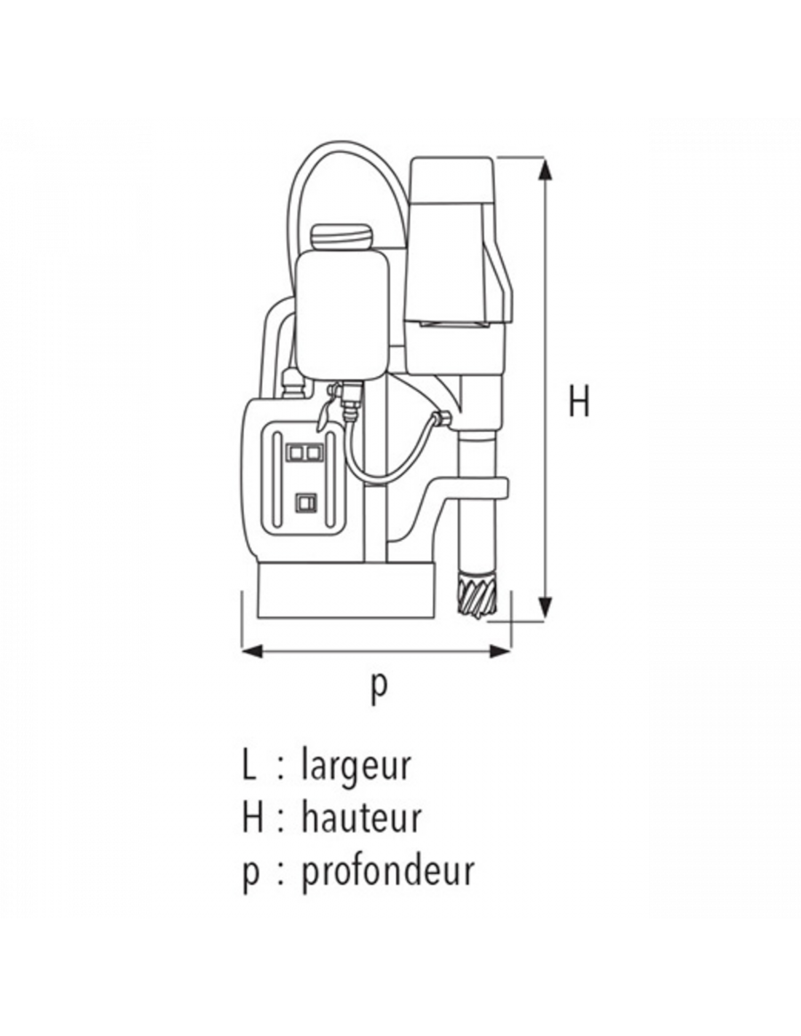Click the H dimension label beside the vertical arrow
pos(579,401)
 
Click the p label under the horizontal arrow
pos(379,688)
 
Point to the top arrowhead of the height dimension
pos(545,170)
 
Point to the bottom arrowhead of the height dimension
pos(545,608)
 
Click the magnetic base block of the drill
pos(347,592)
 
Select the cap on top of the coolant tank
pos(342,237)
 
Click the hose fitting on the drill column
pos(443,417)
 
